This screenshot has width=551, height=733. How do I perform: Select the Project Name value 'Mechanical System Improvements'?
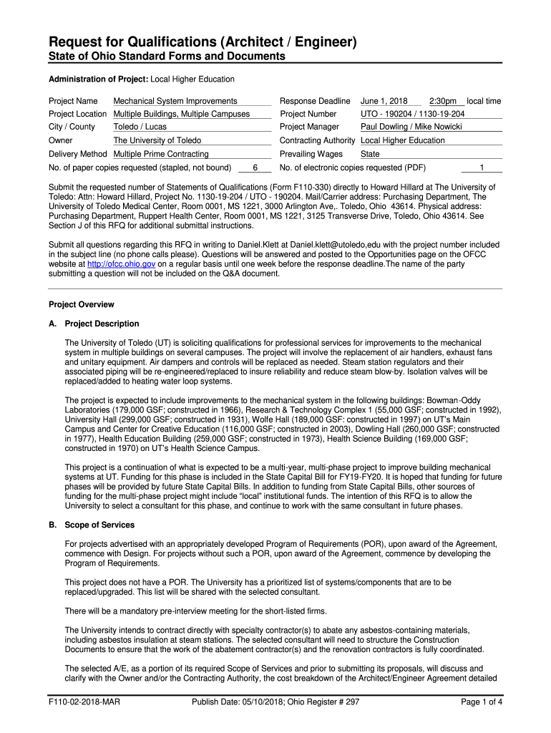pyautogui.click(x=175, y=101)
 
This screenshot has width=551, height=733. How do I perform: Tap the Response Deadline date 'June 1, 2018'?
pyautogui.click(x=384, y=101)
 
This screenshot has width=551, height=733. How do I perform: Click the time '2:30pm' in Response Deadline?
pyautogui.click(x=443, y=101)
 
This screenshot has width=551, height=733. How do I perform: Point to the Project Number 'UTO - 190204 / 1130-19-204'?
pyautogui.click(x=413, y=114)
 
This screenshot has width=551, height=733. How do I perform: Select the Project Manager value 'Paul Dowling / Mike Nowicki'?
pyautogui.click(x=411, y=127)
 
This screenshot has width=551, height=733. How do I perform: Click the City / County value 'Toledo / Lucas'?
pyautogui.click(x=140, y=127)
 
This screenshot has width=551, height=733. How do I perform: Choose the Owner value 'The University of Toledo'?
pyautogui.click(x=157, y=140)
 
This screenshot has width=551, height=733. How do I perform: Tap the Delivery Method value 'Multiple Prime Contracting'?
pyautogui.click(x=161, y=154)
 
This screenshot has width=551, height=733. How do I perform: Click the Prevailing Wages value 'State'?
pyautogui.click(x=370, y=154)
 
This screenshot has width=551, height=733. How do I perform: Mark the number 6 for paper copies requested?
pyautogui.click(x=255, y=168)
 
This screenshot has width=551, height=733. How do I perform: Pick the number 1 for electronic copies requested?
pyautogui.click(x=482, y=168)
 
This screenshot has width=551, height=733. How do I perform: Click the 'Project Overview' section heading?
pyautogui.click(x=81, y=304)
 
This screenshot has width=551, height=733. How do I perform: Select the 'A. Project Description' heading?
pyautogui.click(x=94, y=324)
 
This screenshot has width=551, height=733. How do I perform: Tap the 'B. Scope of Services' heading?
pyautogui.click(x=91, y=525)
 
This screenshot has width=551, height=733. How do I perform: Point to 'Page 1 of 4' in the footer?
pyautogui.click(x=482, y=702)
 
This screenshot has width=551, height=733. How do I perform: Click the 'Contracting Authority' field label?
pyautogui.click(x=317, y=140)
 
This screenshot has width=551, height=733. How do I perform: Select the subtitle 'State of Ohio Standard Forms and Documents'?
pyautogui.click(x=167, y=57)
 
